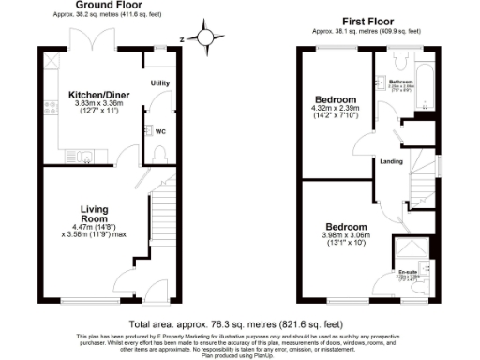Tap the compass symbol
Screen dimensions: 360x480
[203, 37]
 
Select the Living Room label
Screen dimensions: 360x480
[96, 213]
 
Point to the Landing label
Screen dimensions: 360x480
[392, 161]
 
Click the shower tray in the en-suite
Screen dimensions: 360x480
[411, 248]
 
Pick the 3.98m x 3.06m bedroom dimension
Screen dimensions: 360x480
[348, 236]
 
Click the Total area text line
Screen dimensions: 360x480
[239, 322]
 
